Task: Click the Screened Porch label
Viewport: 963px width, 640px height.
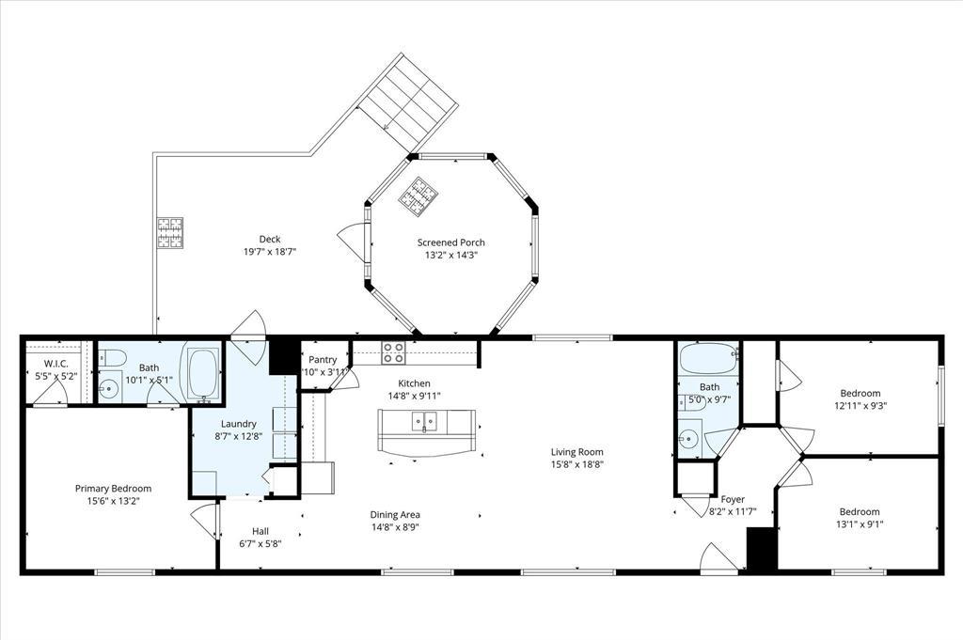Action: tap(450, 242)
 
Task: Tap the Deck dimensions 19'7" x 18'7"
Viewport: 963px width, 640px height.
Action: tap(270, 252)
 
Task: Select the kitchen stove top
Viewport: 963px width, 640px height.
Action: tap(394, 352)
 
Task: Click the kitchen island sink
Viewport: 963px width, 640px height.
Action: tap(424, 422)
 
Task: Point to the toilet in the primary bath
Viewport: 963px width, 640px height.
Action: tap(113, 356)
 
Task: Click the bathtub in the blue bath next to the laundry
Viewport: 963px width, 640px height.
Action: tap(203, 374)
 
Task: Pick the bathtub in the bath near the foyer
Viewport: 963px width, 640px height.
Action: tap(708, 359)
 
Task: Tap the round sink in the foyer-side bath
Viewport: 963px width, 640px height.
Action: tap(690, 438)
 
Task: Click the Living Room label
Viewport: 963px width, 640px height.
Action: tap(576, 452)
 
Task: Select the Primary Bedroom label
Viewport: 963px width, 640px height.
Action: tap(113, 489)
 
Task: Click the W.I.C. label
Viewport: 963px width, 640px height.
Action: tap(55, 364)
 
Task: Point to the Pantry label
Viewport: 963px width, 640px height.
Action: tap(323, 360)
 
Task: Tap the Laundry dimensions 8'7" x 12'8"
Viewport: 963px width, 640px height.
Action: tap(238, 436)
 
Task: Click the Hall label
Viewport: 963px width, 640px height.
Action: tap(260, 531)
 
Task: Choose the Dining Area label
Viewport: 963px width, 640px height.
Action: tap(395, 515)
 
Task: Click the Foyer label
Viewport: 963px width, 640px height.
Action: tap(733, 499)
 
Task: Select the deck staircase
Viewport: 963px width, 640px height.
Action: tap(408, 101)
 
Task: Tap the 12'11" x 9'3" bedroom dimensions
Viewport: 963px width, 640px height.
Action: tap(860, 406)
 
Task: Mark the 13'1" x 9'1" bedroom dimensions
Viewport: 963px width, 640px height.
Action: tap(860, 524)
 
